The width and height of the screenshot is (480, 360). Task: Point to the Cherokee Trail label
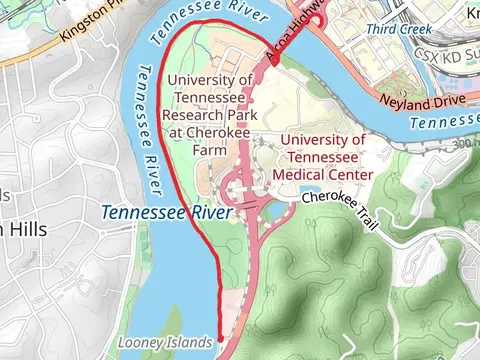pos(343,199)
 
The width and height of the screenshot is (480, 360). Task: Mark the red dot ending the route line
pos(221,340)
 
